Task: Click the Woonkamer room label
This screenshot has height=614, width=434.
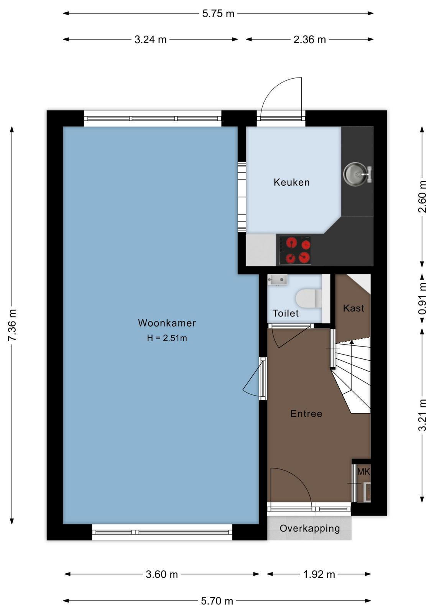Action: pyautogui.click(x=167, y=323)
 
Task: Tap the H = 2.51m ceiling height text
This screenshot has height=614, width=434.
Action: pyautogui.click(x=167, y=338)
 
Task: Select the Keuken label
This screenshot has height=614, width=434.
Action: pyautogui.click(x=292, y=182)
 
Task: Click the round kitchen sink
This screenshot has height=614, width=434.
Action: pyautogui.click(x=355, y=173)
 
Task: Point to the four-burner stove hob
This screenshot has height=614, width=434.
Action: pyautogui.click(x=295, y=250)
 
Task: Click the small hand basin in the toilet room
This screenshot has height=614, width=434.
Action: pyautogui.click(x=277, y=280)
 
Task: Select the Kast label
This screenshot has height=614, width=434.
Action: pyautogui.click(x=353, y=309)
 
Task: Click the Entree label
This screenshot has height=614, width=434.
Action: pyautogui.click(x=306, y=414)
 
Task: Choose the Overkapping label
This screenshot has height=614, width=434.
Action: pyautogui.click(x=310, y=528)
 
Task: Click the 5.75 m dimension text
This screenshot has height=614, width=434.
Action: pyautogui.click(x=218, y=13)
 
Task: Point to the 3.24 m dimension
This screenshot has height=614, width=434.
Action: pyautogui.click(x=150, y=40)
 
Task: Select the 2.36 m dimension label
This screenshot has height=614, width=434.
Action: pyautogui.click(x=310, y=40)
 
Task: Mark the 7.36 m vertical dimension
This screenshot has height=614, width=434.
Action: pyautogui.click(x=12, y=325)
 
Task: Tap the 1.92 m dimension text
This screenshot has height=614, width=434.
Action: pyautogui.click(x=319, y=574)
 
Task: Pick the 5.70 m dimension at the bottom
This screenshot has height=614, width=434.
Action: pyautogui.click(x=217, y=601)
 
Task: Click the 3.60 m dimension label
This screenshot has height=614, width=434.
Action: pyautogui.click(x=162, y=574)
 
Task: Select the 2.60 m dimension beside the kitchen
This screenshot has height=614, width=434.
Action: pyautogui.click(x=422, y=196)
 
